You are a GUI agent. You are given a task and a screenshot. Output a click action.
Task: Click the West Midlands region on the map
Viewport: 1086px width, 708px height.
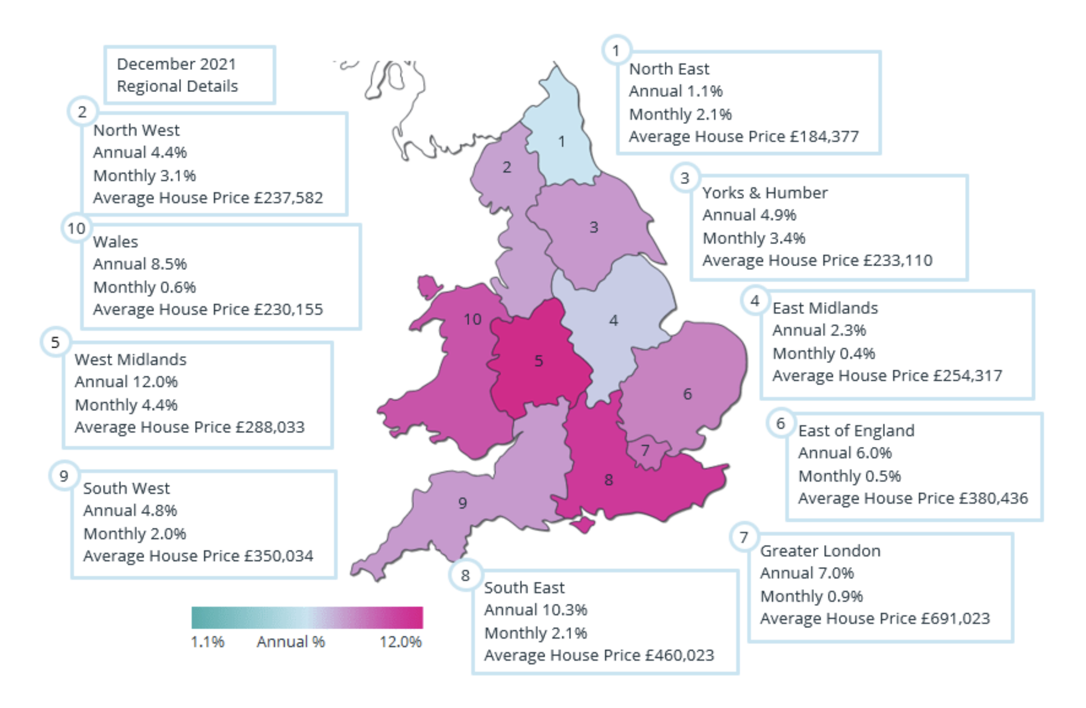point(538,365)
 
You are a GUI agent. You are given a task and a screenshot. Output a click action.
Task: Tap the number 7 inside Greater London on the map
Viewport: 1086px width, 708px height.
point(645,450)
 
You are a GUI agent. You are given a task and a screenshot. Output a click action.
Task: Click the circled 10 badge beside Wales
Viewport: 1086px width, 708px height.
point(76,228)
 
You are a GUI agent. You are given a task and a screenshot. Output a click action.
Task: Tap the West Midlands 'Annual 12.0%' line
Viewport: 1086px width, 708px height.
point(126,382)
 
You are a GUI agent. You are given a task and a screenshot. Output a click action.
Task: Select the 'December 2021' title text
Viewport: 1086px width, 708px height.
point(177,64)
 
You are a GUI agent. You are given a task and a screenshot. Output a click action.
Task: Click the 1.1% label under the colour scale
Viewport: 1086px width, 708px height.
point(207,642)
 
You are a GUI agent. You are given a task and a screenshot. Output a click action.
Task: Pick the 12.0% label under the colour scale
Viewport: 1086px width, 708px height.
point(401,642)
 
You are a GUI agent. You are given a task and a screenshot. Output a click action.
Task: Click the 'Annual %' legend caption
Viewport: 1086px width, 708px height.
point(291,642)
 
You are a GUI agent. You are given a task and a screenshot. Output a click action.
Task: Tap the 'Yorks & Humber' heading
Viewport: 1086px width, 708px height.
point(765,193)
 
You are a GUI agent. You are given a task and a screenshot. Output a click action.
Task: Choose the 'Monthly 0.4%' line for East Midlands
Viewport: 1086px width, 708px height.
point(824,353)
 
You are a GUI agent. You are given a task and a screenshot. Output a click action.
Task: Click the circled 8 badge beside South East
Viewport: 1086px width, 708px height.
point(465,575)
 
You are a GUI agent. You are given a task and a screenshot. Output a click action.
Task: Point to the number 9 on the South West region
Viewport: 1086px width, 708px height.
point(462,503)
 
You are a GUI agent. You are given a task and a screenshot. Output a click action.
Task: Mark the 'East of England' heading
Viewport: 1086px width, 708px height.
point(857,431)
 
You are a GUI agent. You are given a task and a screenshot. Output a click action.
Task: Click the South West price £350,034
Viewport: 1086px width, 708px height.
point(279,556)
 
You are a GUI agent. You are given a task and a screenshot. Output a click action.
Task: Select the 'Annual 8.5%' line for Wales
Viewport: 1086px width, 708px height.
point(140,264)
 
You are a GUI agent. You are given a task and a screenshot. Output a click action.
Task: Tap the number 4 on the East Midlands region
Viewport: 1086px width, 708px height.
point(614,320)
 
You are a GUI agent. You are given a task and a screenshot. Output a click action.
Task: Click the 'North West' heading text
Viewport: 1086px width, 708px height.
point(137,130)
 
